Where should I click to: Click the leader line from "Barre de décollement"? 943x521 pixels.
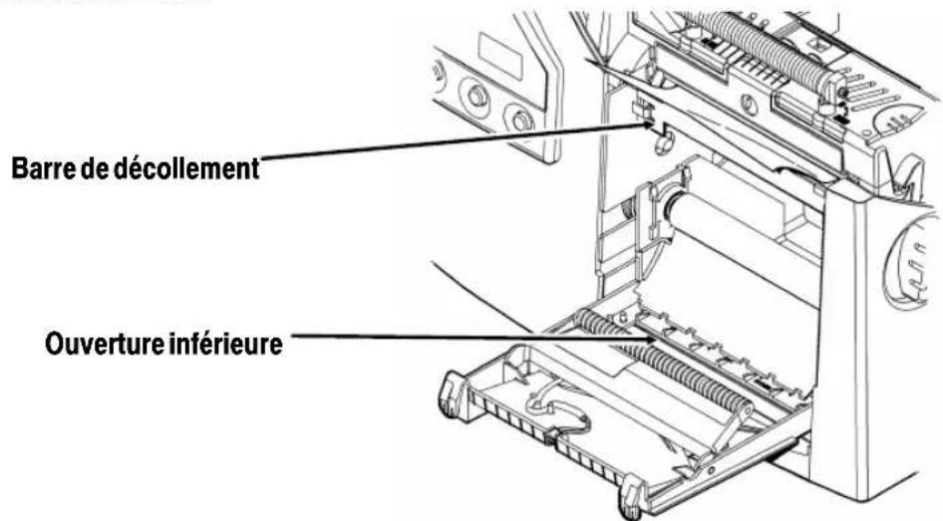coord(449,146)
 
